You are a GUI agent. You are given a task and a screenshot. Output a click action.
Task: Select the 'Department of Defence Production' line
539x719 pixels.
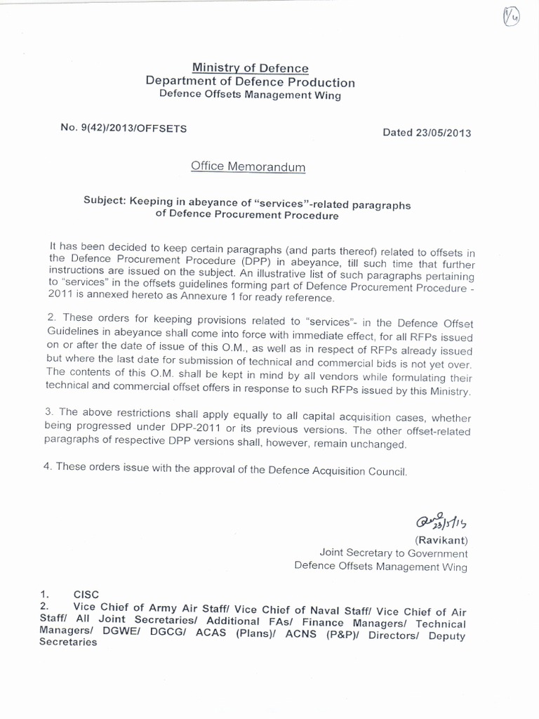[x=250, y=81]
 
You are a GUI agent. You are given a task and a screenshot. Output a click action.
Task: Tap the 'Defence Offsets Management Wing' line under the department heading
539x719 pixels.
[x=250, y=95]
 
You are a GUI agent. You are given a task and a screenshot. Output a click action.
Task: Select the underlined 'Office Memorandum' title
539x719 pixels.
[x=248, y=166]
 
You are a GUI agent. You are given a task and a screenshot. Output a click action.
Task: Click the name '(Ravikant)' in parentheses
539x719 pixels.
[x=441, y=540]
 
